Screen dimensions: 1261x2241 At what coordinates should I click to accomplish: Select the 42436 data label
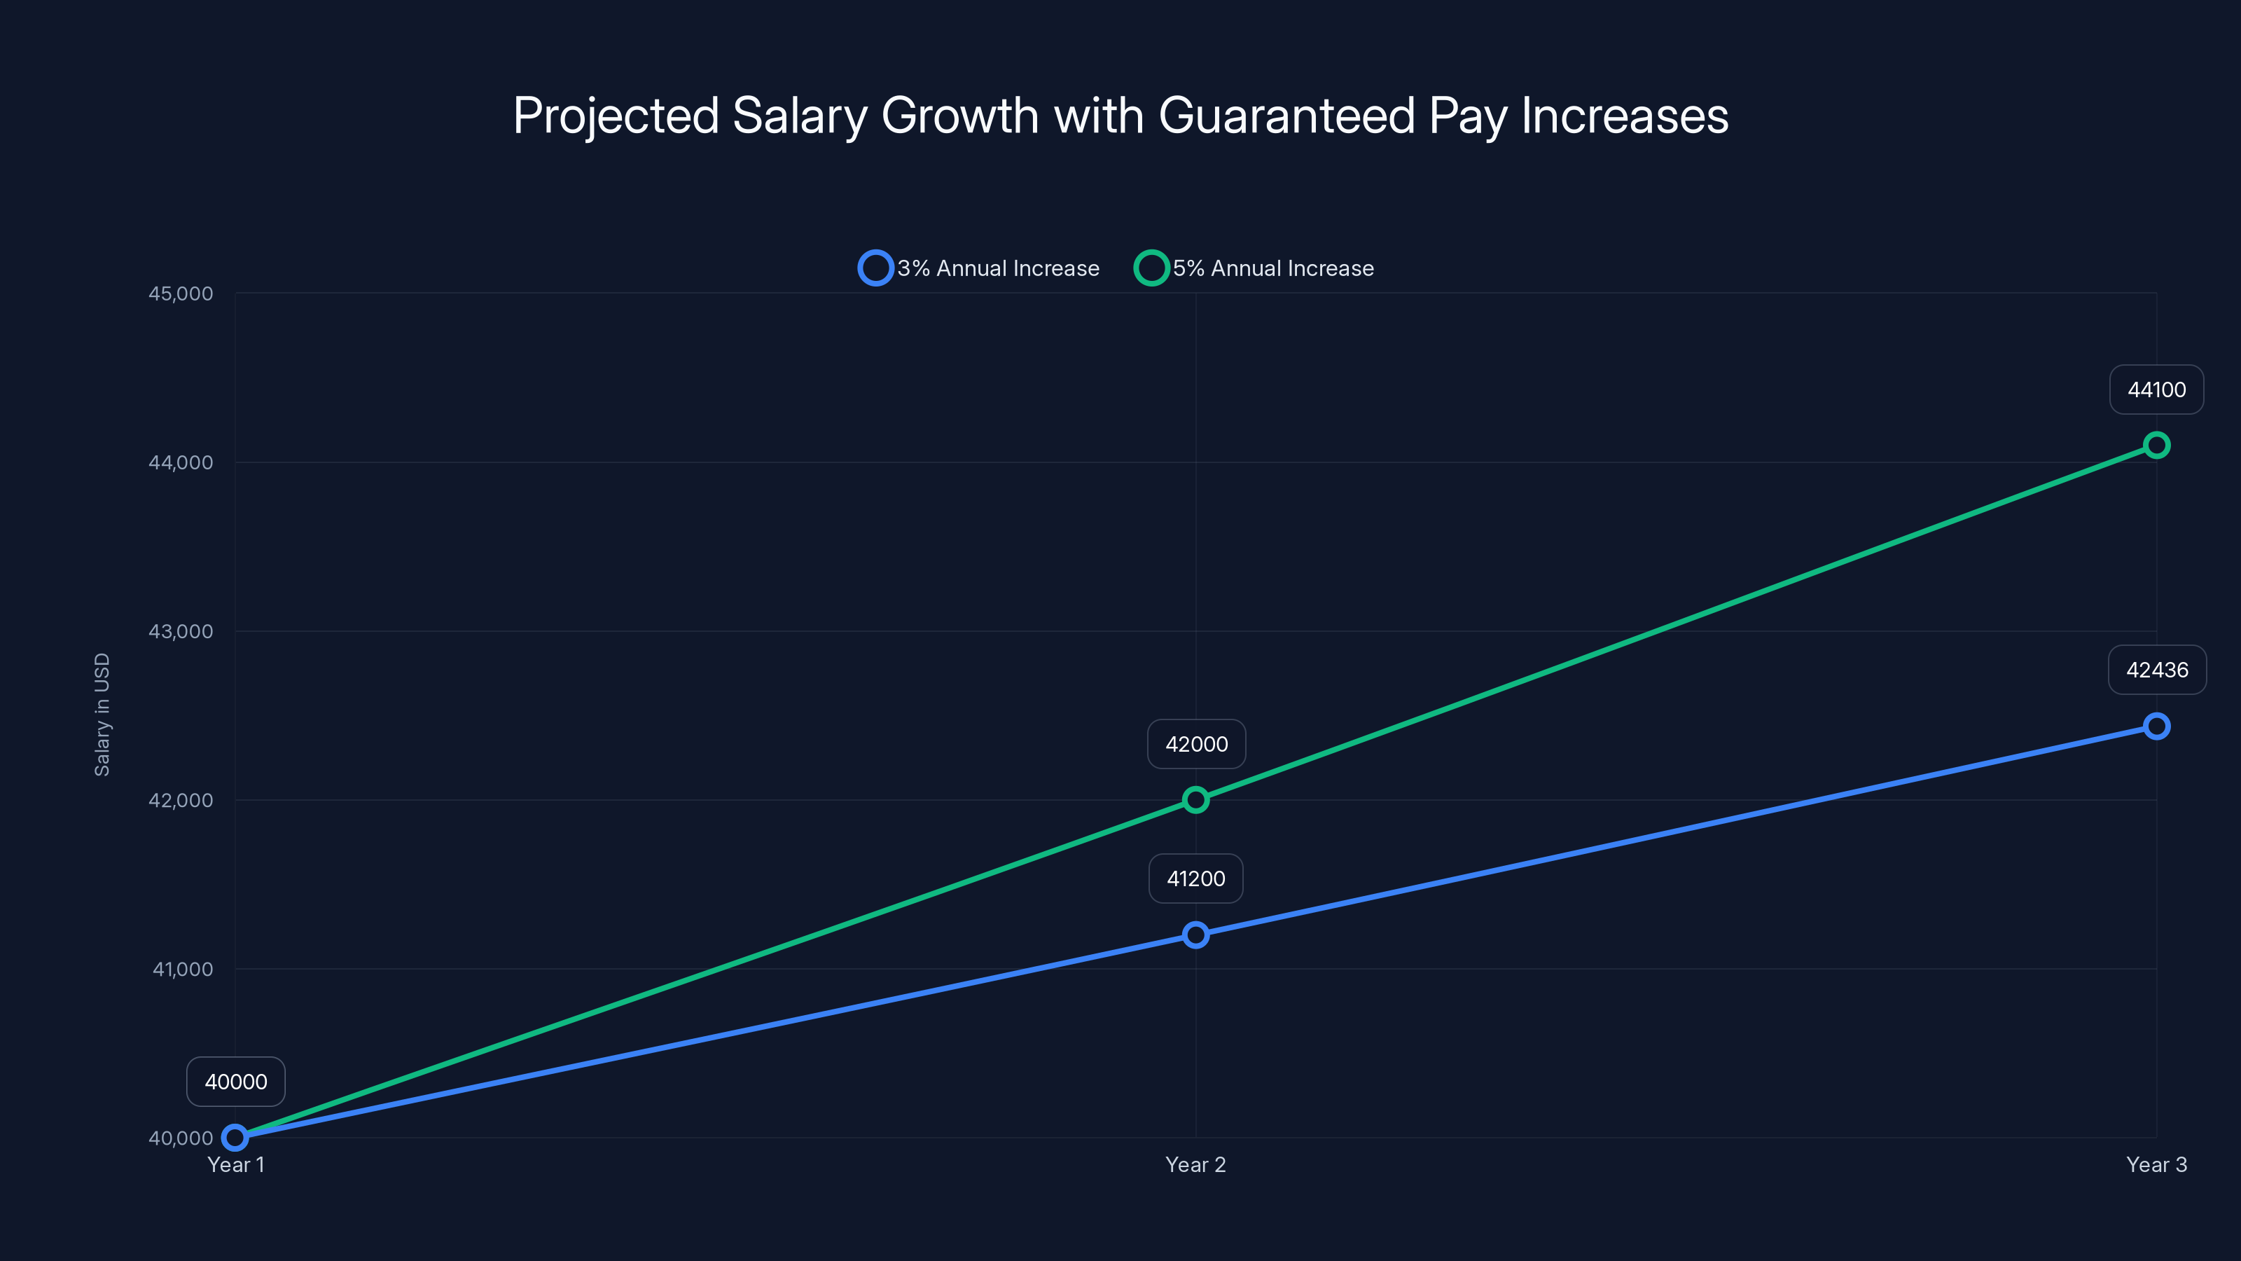click(2157, 670)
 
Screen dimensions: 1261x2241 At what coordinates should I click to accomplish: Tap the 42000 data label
click(1196, 744)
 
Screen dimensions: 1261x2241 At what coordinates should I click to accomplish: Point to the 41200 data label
click(1195, 879)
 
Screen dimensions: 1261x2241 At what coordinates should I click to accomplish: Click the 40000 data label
click(236, 1082)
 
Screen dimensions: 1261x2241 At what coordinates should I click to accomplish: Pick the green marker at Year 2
click(1195, 800)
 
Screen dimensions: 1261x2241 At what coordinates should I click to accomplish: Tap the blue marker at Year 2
click(1195, 935)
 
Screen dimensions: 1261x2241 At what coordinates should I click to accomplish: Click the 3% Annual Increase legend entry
click(980, 268)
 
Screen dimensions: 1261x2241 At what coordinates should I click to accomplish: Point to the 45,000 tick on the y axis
click(180, 294)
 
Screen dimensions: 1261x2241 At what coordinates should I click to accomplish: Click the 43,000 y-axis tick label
click(180, 632)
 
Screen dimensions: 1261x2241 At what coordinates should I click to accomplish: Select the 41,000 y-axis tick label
click(182, 970)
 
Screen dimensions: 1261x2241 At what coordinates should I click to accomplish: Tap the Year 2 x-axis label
click(1195, 1165)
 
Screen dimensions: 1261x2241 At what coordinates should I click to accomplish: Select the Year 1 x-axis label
click(236, 1165)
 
